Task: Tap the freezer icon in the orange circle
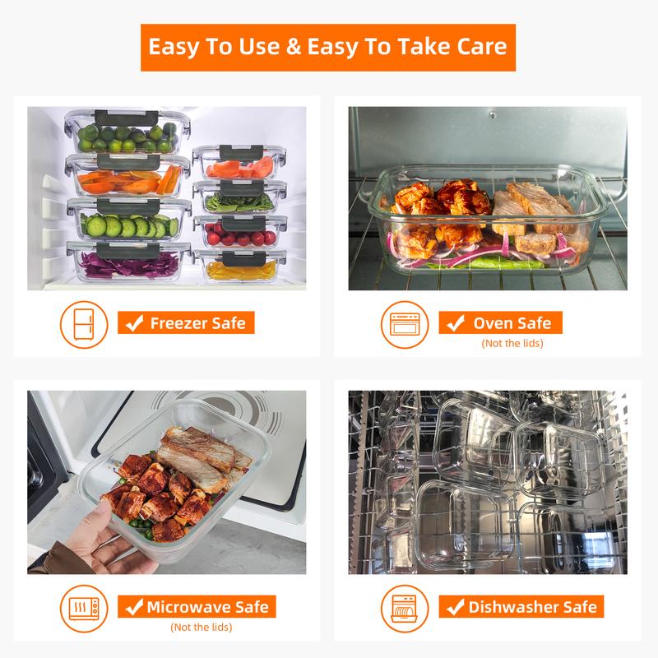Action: [x=84, y=323]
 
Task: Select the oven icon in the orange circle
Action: [x=405, y=323]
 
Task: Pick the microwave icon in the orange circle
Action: [x=84, y=608]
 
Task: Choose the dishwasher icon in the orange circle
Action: [x=405, y=608]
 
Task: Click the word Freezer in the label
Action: [x=176, y=323]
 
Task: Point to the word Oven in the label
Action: [x=491, y=323]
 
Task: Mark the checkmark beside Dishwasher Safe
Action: [x=453, y=608]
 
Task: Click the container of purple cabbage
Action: [x=129, y=262]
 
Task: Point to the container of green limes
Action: [x=129, y=135]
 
